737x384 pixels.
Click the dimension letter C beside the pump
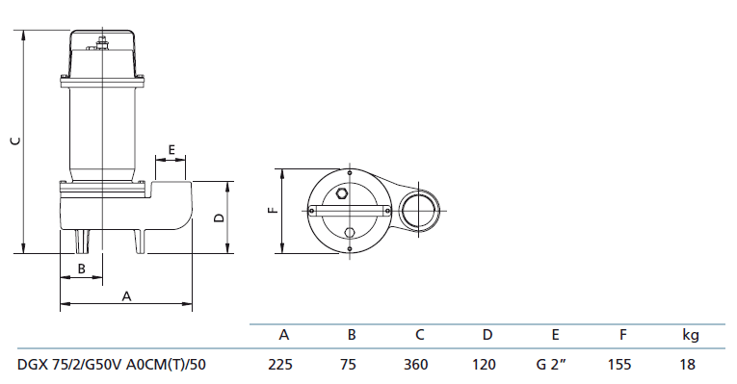click(x=16, y=140)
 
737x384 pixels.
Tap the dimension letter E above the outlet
click(x=171, y=150)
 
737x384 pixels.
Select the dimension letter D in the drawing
click(x=220, y=218)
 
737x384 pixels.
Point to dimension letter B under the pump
click(x=81, y=269)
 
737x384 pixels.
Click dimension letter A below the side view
click(x=126, y=296)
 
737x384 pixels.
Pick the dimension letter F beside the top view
click(x=273, y=210)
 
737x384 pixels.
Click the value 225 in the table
click(x=280, y=365)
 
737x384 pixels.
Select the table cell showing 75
click(x=349, y=365)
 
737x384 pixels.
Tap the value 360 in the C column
click(x=416, y=365)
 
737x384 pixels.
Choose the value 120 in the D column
click(x=484, y=365)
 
